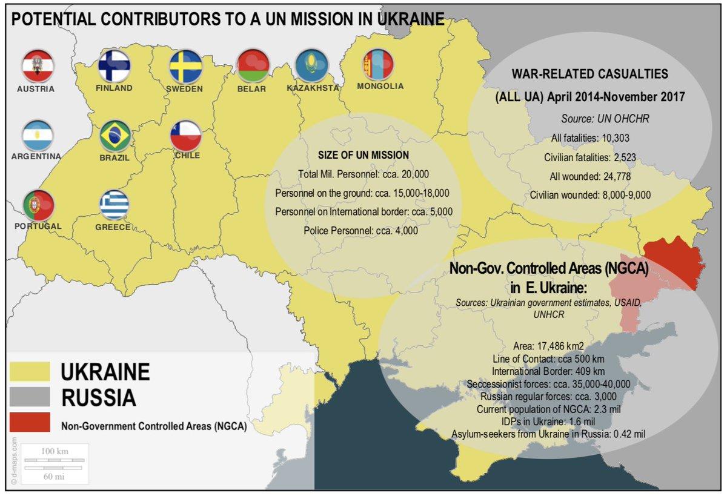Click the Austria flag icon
click(x=38, y=66)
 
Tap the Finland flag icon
click(x=114, y=65)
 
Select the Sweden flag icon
click(x=185, y=67)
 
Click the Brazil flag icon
click(x=114, y=136)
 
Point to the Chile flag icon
click(x=185, y=135)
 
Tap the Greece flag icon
click(x=114, y=205)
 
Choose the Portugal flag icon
click(x=38, y=205)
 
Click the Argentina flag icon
click(x=38, y=136)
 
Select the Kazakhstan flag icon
click(x=311, y=65)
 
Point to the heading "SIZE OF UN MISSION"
click(x=363, y=155)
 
